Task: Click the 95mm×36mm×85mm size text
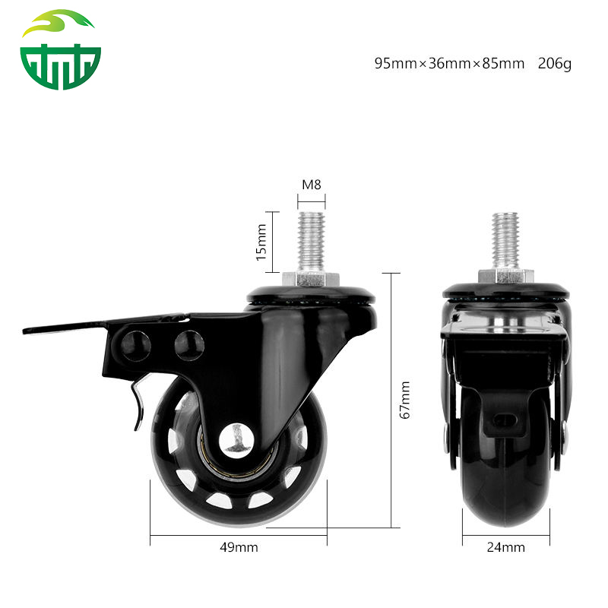[449, 64]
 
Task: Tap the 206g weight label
[554, 64]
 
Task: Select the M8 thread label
[312, 185]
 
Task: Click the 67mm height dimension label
[406, 400]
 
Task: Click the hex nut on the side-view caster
[312, 278]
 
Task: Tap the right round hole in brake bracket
[189, 344]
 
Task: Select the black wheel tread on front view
[507, 494]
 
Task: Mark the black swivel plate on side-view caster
[312, 295]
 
